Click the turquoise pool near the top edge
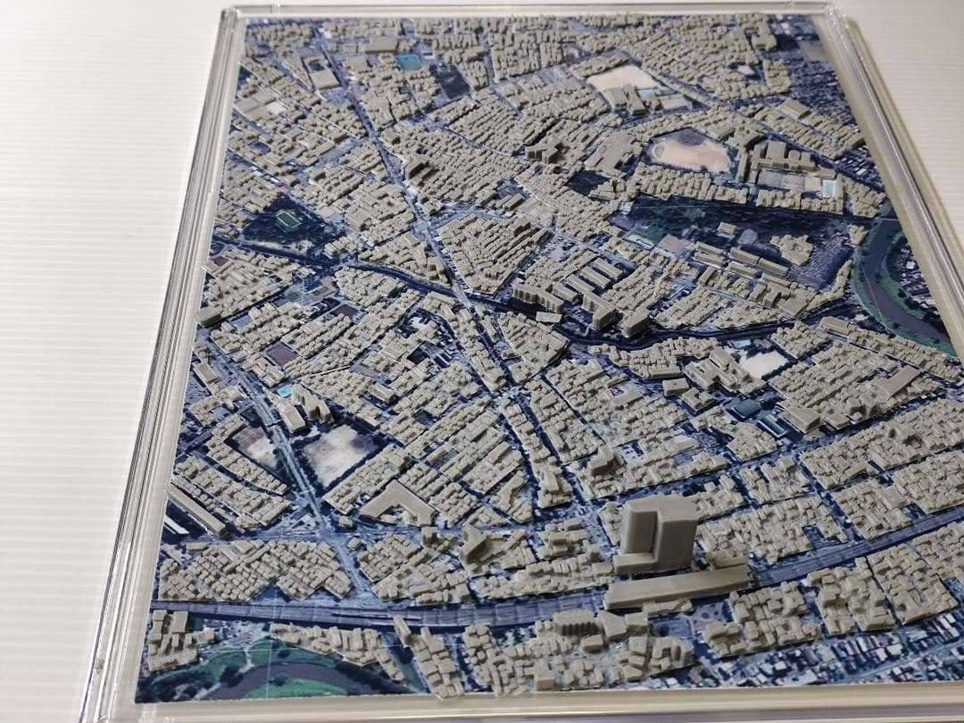click(x=408, y=62)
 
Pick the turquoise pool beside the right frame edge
click(x=830, y=187)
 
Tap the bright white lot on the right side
click(x=761, y=362)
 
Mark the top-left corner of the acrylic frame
click(x=229, y=12)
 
